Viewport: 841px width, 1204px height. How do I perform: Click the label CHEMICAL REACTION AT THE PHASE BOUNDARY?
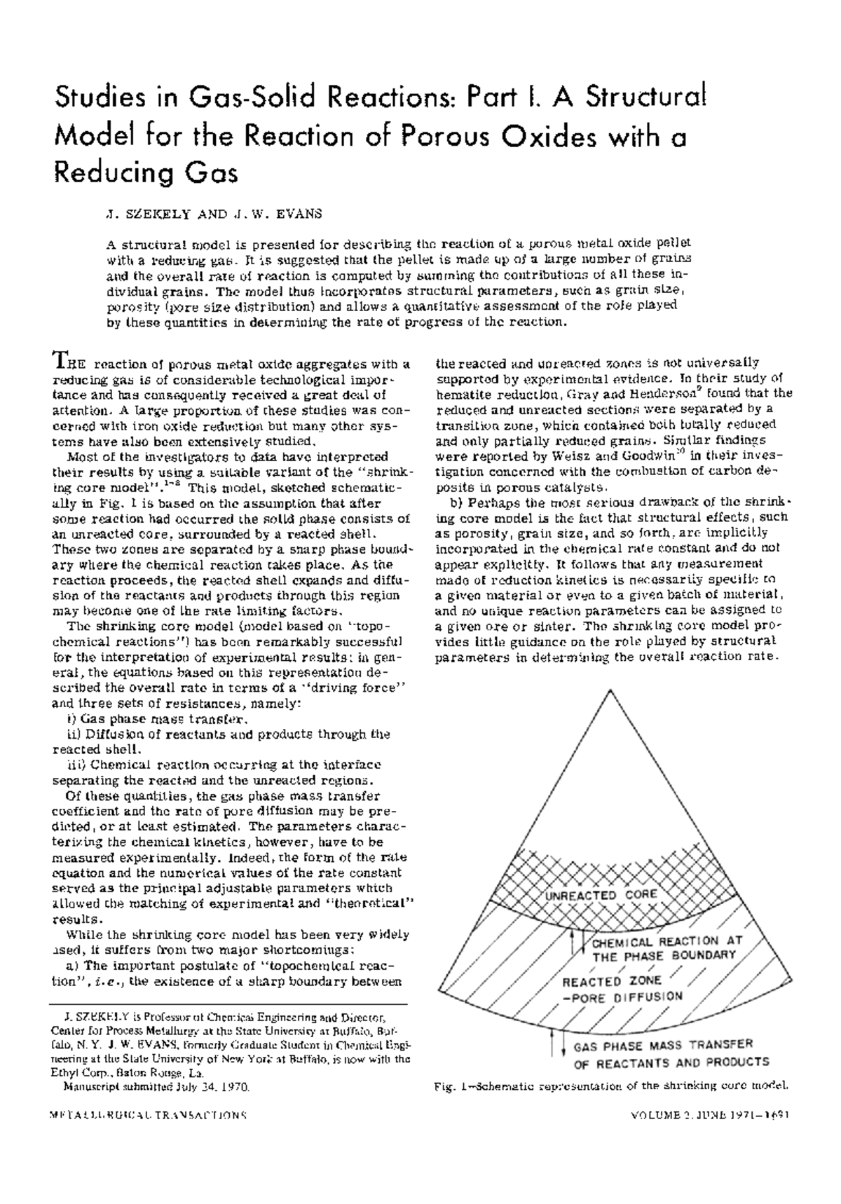(x=666, y=948)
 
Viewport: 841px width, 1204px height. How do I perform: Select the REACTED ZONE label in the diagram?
(x=601, y=982)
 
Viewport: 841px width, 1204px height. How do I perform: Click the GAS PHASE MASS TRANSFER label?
(x=662, y=1046)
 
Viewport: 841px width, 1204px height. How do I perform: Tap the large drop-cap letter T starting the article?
(x=60, y=363)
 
